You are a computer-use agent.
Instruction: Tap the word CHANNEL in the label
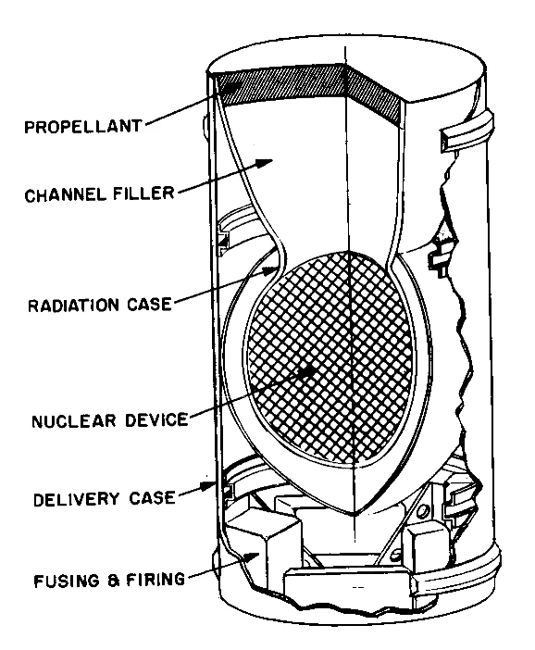click(57, 195)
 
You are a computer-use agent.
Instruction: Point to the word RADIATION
click(74, 305)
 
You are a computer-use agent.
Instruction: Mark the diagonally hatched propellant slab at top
click(305, 93)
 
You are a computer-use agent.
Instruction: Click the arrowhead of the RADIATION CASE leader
click(276, 269)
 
